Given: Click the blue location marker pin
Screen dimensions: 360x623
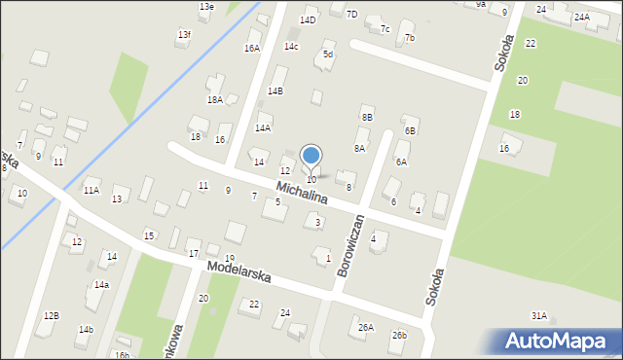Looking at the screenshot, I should pos(311,157).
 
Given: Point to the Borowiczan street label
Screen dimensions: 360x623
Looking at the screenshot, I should pos(349,245).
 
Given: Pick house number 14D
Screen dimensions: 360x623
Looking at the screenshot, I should pos(308,19).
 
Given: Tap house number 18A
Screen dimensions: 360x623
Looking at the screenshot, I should pos(215,99).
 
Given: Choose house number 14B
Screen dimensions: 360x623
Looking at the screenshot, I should pos(275,90).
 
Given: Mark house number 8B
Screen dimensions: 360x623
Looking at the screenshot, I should pos(367,117).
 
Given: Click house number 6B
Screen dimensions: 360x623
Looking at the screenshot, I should pos(411,129).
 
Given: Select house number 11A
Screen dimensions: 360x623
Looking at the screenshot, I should pos(91,190).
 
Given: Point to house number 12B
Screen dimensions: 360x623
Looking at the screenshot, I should pos(51,315).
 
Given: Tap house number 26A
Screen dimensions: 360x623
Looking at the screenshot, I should pos(365,328).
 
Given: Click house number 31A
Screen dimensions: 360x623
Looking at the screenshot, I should pos(538,315).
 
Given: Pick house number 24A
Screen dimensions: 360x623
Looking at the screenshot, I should pos(581,18).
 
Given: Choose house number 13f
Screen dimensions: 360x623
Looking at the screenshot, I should pos(184,35).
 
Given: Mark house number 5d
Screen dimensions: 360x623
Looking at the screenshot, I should pos(328,54).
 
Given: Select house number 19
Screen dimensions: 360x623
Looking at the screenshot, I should pos(229,258).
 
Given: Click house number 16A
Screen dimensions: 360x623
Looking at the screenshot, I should pos(252,48).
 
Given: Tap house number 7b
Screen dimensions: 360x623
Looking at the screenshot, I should pos(410,38).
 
